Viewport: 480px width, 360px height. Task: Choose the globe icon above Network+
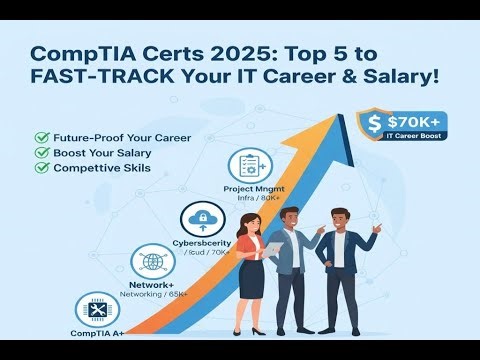(152, 262)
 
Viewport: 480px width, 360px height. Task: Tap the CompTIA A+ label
(98, 333)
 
